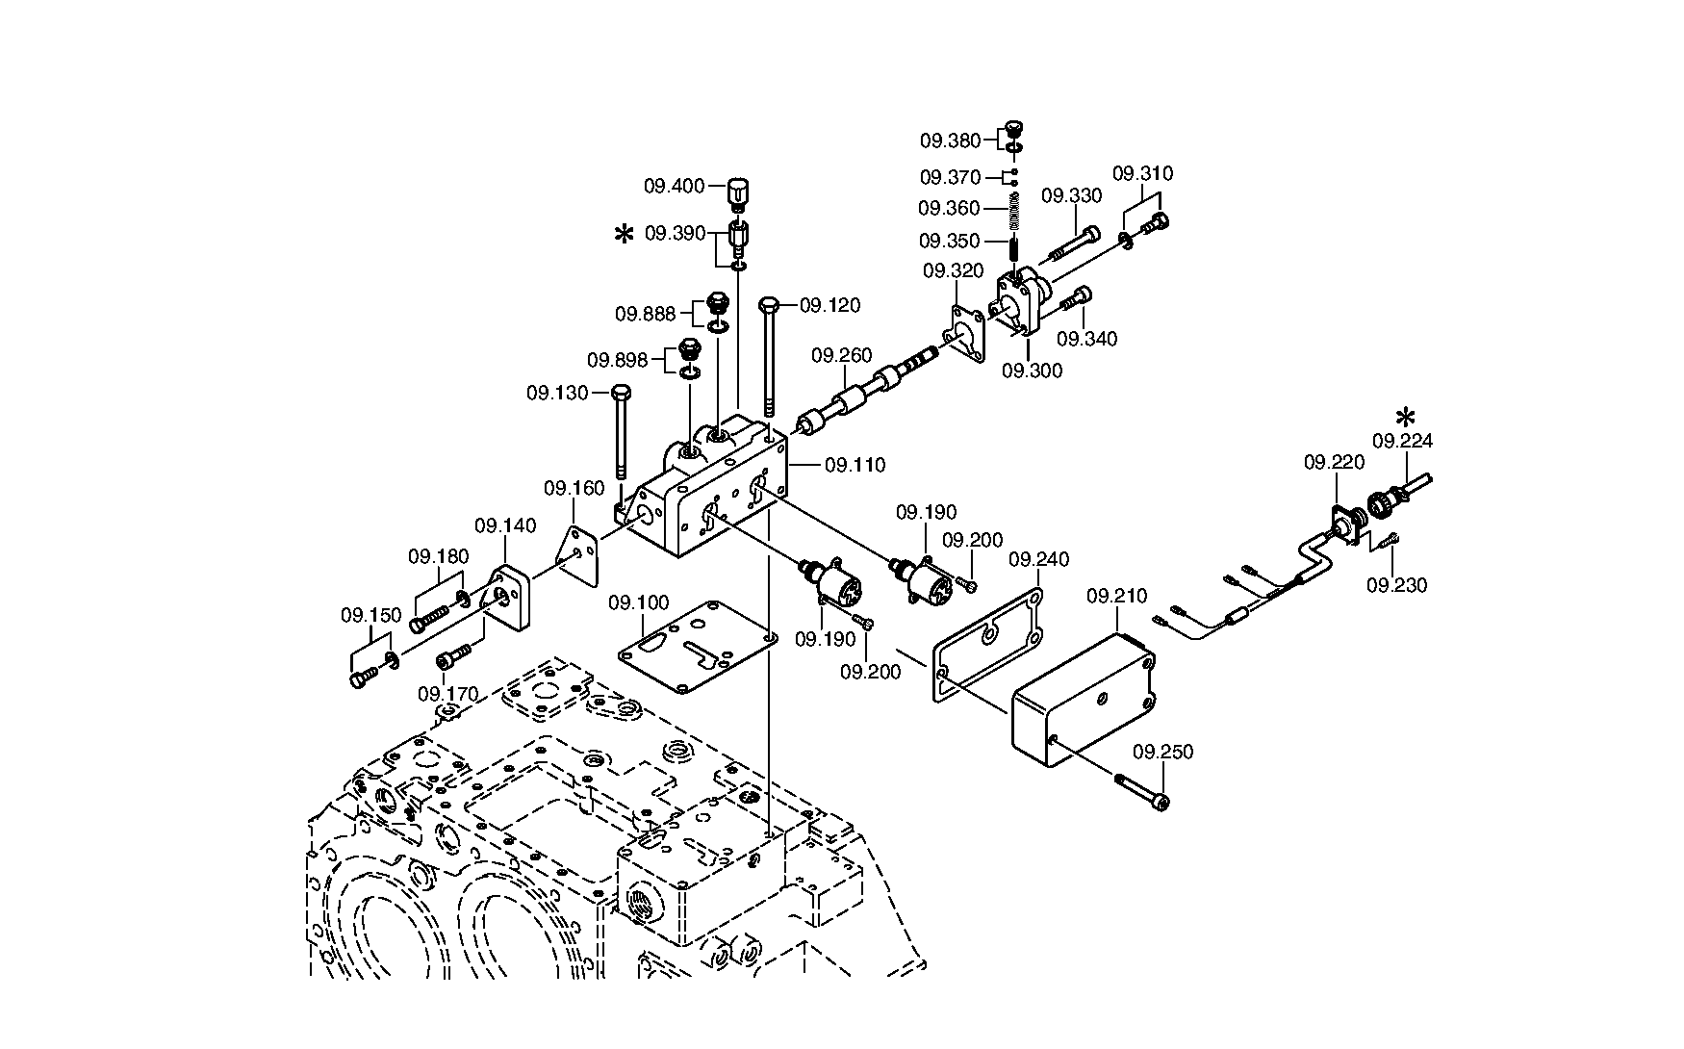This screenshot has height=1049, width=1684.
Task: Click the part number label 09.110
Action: [x=855, y=466]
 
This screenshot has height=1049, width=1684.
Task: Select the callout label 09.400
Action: [x=675, y=186]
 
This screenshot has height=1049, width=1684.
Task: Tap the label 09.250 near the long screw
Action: [x=1162, y=753]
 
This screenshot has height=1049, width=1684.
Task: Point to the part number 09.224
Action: [x=1402, y=442]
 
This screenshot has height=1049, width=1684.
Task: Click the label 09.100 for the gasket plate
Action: [x=639, y=603]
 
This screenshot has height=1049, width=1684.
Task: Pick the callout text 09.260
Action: [x=841, y=356]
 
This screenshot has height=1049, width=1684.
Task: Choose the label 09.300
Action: [x=1032, y=371]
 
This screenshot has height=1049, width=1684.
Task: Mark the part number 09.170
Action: [x=448, y=694]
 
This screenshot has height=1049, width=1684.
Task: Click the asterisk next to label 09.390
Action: [x=625, y=234]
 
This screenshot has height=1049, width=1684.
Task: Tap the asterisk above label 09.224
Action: [x=1406, y=417]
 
